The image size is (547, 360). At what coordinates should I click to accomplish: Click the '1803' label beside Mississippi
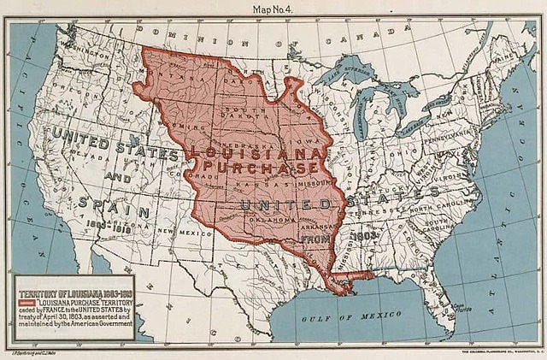click(x=364, y=233)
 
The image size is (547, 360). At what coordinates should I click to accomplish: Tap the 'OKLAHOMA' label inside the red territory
click(x=272, y=221)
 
